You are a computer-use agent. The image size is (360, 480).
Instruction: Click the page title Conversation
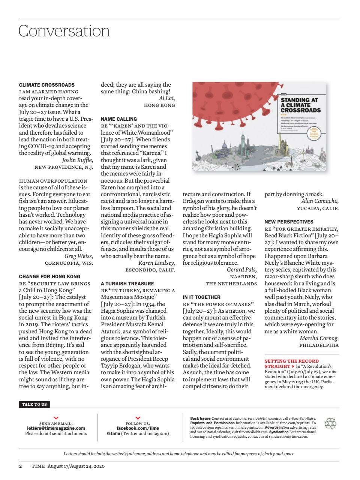point(64,31)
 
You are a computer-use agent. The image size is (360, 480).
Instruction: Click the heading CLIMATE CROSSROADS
point(46,85)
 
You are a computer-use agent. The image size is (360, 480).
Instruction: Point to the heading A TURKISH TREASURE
point(127,283)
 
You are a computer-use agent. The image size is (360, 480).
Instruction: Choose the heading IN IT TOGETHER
point(202,297)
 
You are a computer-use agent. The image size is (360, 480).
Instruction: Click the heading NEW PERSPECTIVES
point(289,222)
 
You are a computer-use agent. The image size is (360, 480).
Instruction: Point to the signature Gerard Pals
point(242,270)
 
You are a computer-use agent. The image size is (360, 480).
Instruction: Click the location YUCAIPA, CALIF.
point(318,208)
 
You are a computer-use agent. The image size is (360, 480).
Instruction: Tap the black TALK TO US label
point(34,404)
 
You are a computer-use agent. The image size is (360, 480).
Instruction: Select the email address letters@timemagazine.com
point(56,428)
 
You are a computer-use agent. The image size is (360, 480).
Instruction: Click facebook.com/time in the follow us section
point(138,428)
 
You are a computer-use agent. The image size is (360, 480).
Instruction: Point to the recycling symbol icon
point(330,424)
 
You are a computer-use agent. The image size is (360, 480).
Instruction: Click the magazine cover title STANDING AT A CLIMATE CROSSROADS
point(301,105)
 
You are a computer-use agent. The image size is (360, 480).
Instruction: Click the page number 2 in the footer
point(21,466)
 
